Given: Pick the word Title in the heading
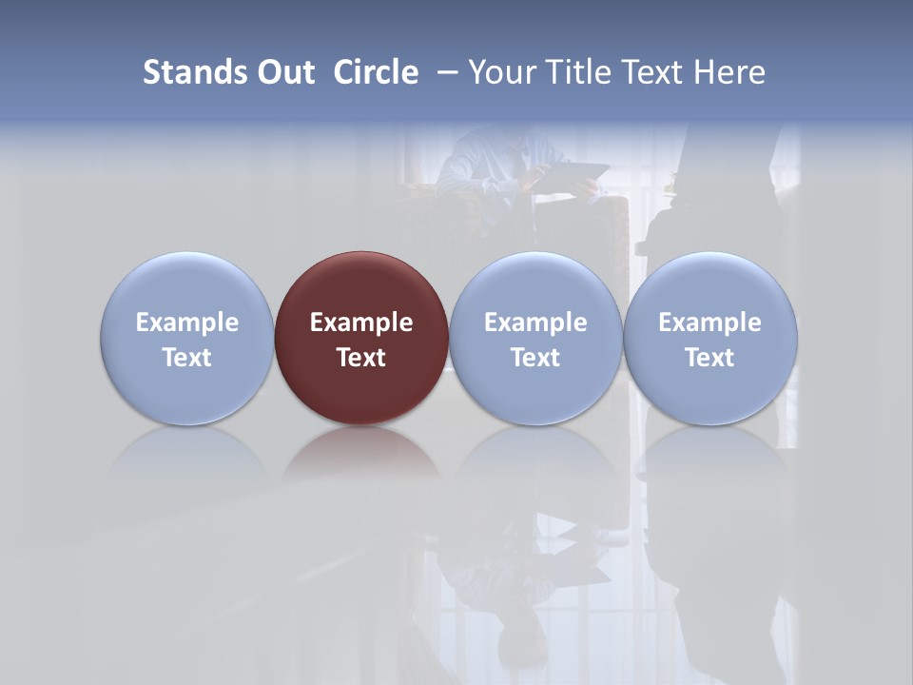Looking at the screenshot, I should [582, 72].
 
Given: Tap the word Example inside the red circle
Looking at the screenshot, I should [361, 323].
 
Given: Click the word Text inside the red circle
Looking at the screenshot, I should [361, 358].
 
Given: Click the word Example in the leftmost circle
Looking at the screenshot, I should [187, 323].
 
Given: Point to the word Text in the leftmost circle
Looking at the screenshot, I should [187, 358].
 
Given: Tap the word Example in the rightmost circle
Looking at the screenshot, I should [710, 323].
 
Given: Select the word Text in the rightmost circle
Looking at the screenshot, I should [710, 358].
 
